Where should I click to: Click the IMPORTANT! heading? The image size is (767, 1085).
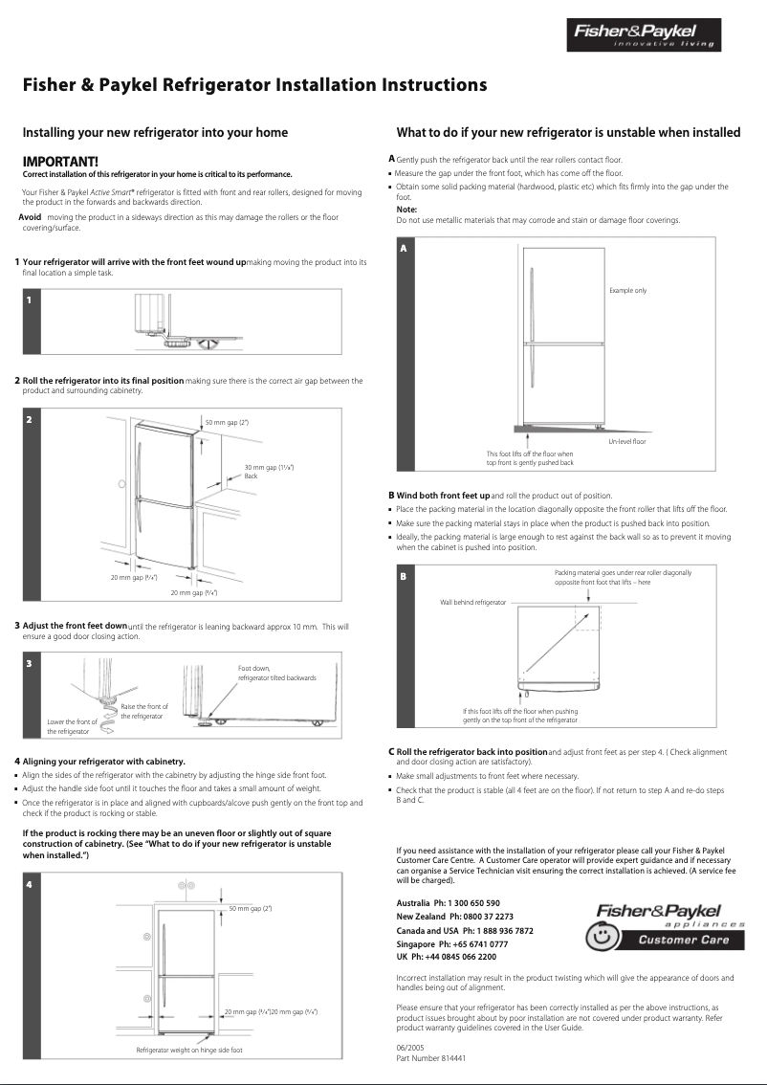tap(60, 163)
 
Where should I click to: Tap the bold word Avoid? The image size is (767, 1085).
tap(30, 217)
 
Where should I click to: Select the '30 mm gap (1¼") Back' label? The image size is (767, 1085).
tap(268, 471)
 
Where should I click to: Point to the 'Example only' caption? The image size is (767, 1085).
tap(627, 290)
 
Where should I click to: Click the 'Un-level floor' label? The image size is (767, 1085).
tap(627, 441)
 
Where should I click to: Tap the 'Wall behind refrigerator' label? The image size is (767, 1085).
tap(472, 602)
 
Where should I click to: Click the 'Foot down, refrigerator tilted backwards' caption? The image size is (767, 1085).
tap(276, 673)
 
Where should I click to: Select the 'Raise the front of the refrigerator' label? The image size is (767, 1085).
tap(143, 711)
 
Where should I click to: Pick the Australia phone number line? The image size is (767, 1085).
tap(448, 903)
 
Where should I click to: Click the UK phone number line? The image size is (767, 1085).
tap(446, 957)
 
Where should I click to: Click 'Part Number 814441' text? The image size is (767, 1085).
tap(430, 1058)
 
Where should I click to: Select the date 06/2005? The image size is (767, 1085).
tap(406, 1048)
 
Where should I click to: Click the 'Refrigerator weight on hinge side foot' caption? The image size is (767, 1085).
tap(189, 1050)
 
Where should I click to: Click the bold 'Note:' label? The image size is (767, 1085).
tap(406, 210)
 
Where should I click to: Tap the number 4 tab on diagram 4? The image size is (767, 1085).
tap(30, 884)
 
